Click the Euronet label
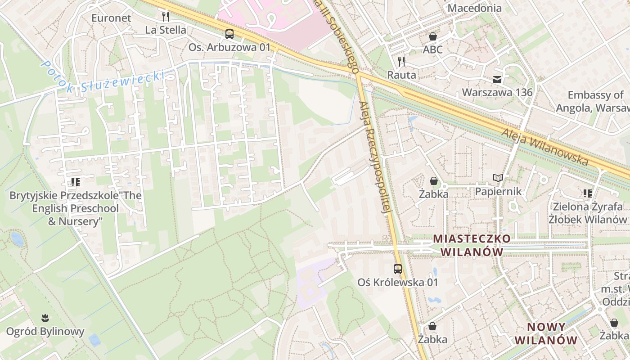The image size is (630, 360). point(111,18)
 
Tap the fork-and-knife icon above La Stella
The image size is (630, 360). point(166,17)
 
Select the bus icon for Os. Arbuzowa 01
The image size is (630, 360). point(229,34)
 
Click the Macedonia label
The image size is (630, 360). point(474,8)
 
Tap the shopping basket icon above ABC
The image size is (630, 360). point(433,36)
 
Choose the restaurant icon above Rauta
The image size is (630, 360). point(402,62)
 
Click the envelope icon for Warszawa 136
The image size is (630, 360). point(497,80)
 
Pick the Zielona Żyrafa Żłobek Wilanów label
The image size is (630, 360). point(587,213)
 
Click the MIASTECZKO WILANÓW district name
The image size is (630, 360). point(472,245)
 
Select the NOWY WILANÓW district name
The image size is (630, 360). point(546,333)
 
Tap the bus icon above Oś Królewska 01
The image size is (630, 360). point(398,269)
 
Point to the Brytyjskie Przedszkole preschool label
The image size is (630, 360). point(76,208)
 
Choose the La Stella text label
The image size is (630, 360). point(166,30)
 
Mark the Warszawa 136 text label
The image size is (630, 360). point(497,93)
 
